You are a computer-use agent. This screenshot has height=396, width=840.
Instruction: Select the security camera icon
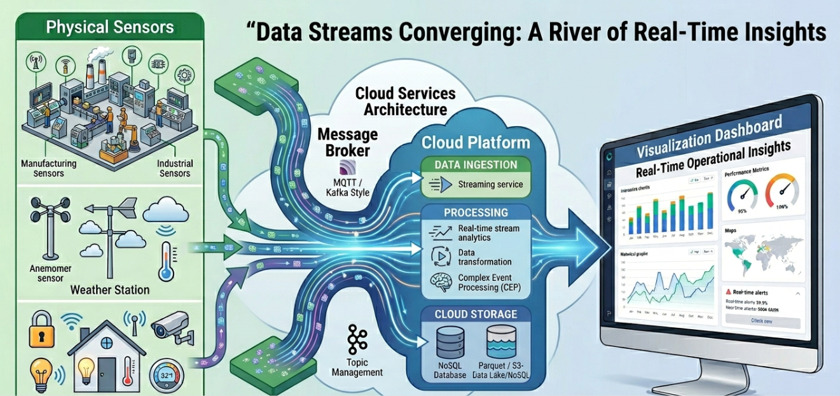170,329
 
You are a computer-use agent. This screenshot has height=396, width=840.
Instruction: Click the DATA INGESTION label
475,165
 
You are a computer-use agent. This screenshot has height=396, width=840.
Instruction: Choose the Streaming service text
490,185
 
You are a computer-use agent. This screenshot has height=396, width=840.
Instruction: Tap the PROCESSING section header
476,213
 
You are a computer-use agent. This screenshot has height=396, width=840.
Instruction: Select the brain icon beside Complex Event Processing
441,282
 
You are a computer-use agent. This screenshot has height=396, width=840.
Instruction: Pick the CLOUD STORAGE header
476,315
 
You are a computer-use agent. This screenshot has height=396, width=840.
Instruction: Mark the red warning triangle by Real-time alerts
728,292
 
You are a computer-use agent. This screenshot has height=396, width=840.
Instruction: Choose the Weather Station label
109,290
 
